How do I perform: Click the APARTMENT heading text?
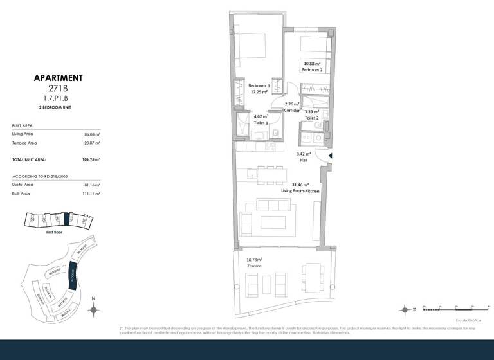(58, 78)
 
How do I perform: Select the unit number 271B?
(58, 89)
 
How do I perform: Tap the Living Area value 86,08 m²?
(93, 134)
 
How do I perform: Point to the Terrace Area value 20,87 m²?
(93, 143)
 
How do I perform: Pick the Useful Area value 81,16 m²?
(93, 184)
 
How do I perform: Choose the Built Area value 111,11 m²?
(93, 194)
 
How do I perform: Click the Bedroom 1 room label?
(259, 85)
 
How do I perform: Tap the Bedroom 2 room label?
(312, 69)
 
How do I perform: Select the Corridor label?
(293, 111)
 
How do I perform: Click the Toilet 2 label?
(312, 118)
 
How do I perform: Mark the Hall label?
(304, 161)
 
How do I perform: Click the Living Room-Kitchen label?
(299, 191)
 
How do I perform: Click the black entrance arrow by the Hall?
(331, 156)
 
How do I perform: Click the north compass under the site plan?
(93, 310)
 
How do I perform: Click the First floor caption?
(55, 233)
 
